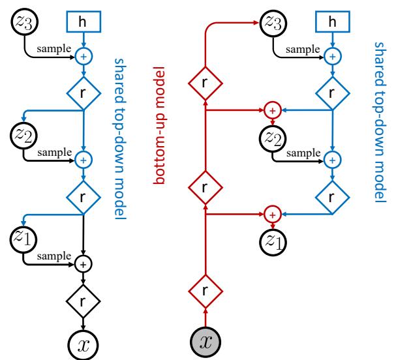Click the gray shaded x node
pos(205,342)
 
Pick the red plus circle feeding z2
pos(273,110)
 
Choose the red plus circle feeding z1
pos(273,213)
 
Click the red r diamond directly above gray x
pos(205,292)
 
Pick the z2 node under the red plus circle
pos(273,138)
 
